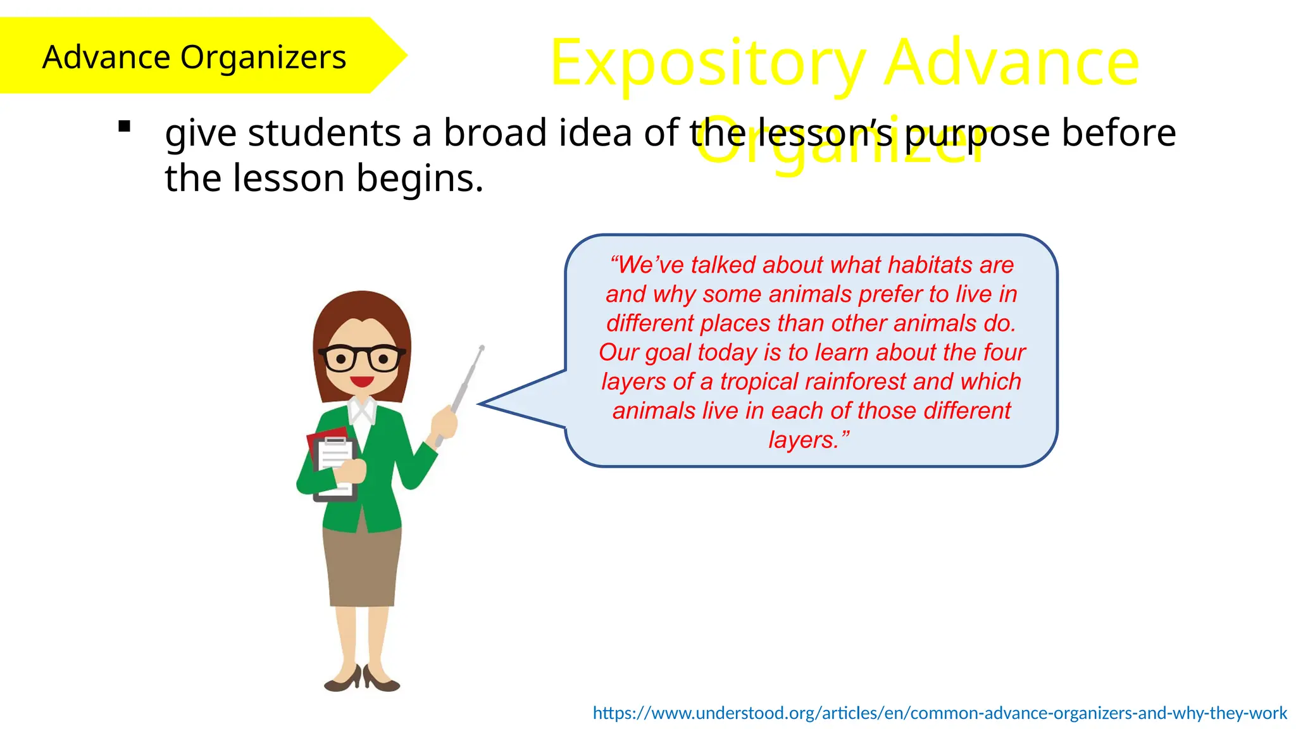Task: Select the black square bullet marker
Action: click(x=125, y=127)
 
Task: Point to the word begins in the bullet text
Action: click(x=420, y=178)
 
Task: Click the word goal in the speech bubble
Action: click(x=668, y=353)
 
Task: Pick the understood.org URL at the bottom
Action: click(x=939, y=713)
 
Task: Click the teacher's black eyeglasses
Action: click(x=362, y=359)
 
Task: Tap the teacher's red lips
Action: click(x=362, y=381)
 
